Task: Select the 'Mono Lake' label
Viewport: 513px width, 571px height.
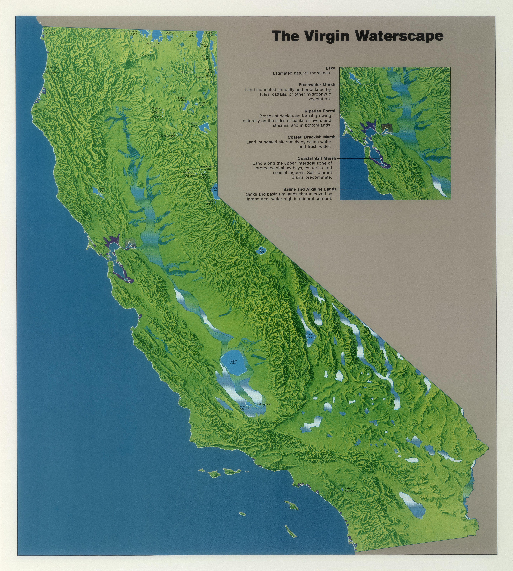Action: (262, 250)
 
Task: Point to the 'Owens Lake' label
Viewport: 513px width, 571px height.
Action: (310, 336)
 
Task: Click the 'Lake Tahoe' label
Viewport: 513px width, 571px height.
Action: (214, 189)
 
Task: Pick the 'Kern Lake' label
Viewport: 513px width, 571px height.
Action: (265, 404)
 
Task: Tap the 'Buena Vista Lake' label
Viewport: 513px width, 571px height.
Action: (244, 407)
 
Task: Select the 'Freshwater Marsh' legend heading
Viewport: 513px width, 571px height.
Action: (317, 84)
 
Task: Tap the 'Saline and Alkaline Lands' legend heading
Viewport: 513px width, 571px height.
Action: (310, 189)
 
